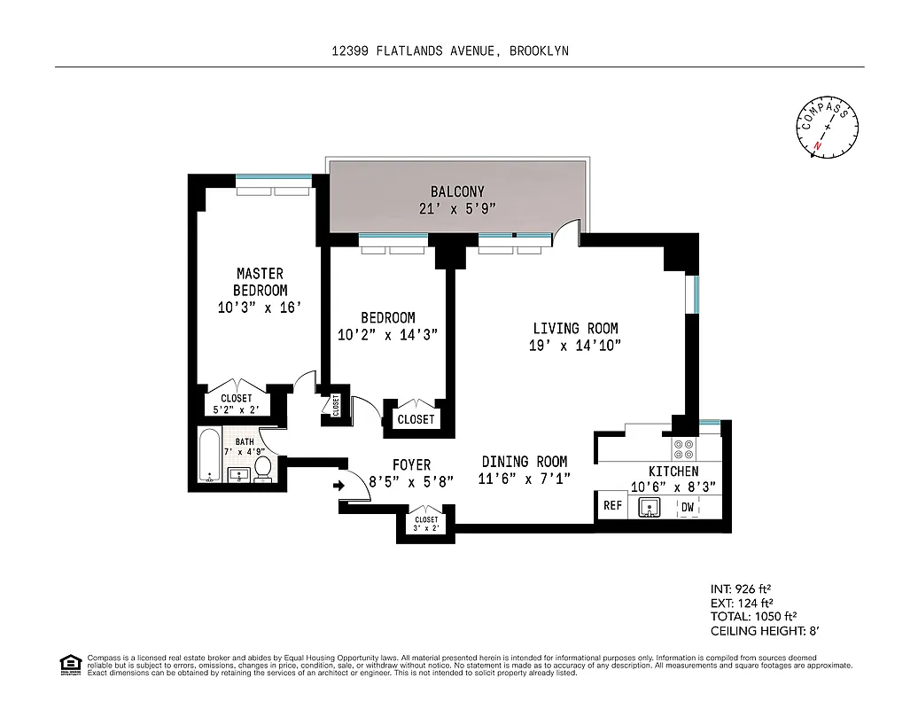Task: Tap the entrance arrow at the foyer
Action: click(339, 485)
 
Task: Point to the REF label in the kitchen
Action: click(612, 506)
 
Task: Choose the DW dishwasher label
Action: click(687, 507)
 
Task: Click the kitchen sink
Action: click(650, 508)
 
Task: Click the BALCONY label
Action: click(457, 191)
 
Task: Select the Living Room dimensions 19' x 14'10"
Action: click(574, 346)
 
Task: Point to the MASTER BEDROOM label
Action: click(260, 282)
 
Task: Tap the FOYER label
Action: click(411, 464)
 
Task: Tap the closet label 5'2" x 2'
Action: click(237, 409)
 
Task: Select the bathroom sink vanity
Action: click(238, 475)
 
